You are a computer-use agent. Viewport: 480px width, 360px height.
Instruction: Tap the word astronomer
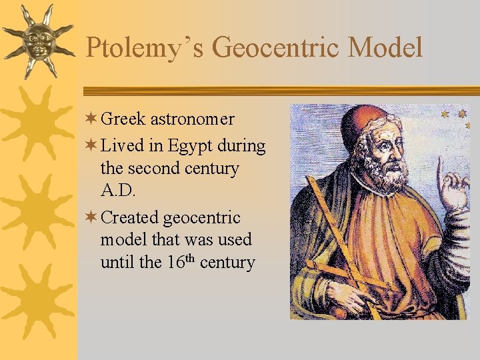(x=193, y=119)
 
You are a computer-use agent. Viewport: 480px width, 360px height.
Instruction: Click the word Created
(x=131, y=217)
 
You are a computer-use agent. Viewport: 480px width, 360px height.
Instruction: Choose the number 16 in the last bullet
(x=175, y=263)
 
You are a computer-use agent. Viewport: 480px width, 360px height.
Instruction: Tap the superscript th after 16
(x=189, y=258)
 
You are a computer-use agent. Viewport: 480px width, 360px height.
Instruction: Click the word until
(x=116, y=263)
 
